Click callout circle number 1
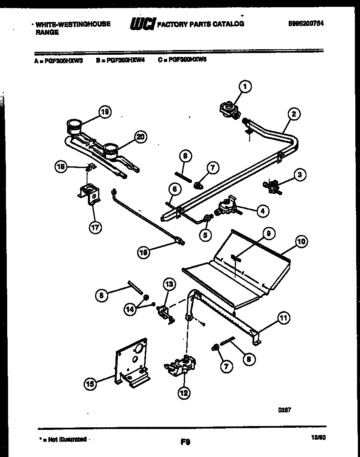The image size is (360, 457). [245, 87]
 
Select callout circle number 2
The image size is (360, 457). [293, 114]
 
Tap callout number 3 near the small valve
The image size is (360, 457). [300, 175]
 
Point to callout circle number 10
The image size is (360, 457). [301, 242]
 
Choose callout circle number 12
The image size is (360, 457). [184, 393]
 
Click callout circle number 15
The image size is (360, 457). [90, 384]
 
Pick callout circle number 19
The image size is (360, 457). [104, 112]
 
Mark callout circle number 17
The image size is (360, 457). [95, 227]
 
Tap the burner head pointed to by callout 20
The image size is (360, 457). [111, 149]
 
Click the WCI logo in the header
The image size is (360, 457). [143, 25]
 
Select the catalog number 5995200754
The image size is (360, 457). [305, 24]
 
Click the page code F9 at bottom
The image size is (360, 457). [185, 442]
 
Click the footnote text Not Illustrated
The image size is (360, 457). [67, 440]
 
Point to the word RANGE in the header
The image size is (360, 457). [47, 32]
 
